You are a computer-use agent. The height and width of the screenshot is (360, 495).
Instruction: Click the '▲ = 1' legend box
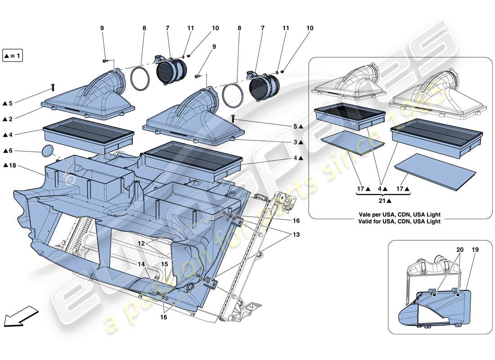click(x=13, y=56)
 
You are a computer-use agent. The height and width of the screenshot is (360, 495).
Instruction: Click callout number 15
click(x=165, y=264)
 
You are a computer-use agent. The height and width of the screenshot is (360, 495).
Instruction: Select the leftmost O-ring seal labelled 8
click(x=140, y=80)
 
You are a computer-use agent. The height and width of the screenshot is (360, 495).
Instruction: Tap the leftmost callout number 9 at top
click(x=102, y=28)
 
